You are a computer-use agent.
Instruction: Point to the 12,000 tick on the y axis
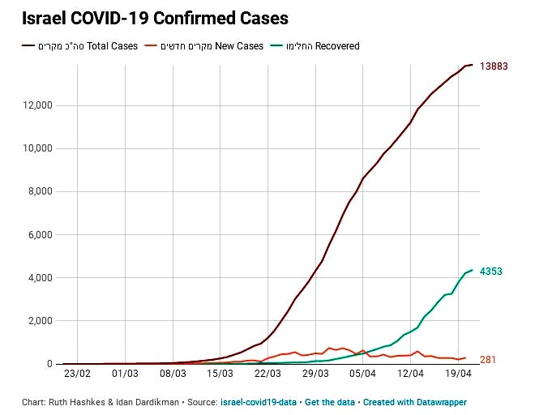coord(35,105)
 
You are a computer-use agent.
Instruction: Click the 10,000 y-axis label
coord(35,148)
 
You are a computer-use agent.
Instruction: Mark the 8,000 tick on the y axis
coord(38,191)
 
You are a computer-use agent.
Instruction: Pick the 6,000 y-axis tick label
coord(38,235)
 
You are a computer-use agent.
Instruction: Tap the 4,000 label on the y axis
coord(38,278)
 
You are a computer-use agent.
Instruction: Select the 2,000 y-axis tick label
coord(38,321)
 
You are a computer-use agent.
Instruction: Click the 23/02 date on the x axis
coord(77,374)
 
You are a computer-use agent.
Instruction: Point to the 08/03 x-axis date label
coord(173,374)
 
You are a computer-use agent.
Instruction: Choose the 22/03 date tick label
coord(267,374)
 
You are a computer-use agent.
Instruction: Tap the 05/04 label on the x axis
coord(363,374)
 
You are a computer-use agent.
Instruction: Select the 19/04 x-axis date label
coord(459,374)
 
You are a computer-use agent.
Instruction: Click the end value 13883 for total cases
coord(494,66)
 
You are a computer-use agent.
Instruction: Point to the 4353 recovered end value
coord(491,272)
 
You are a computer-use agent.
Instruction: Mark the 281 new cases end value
coord(488,360)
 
